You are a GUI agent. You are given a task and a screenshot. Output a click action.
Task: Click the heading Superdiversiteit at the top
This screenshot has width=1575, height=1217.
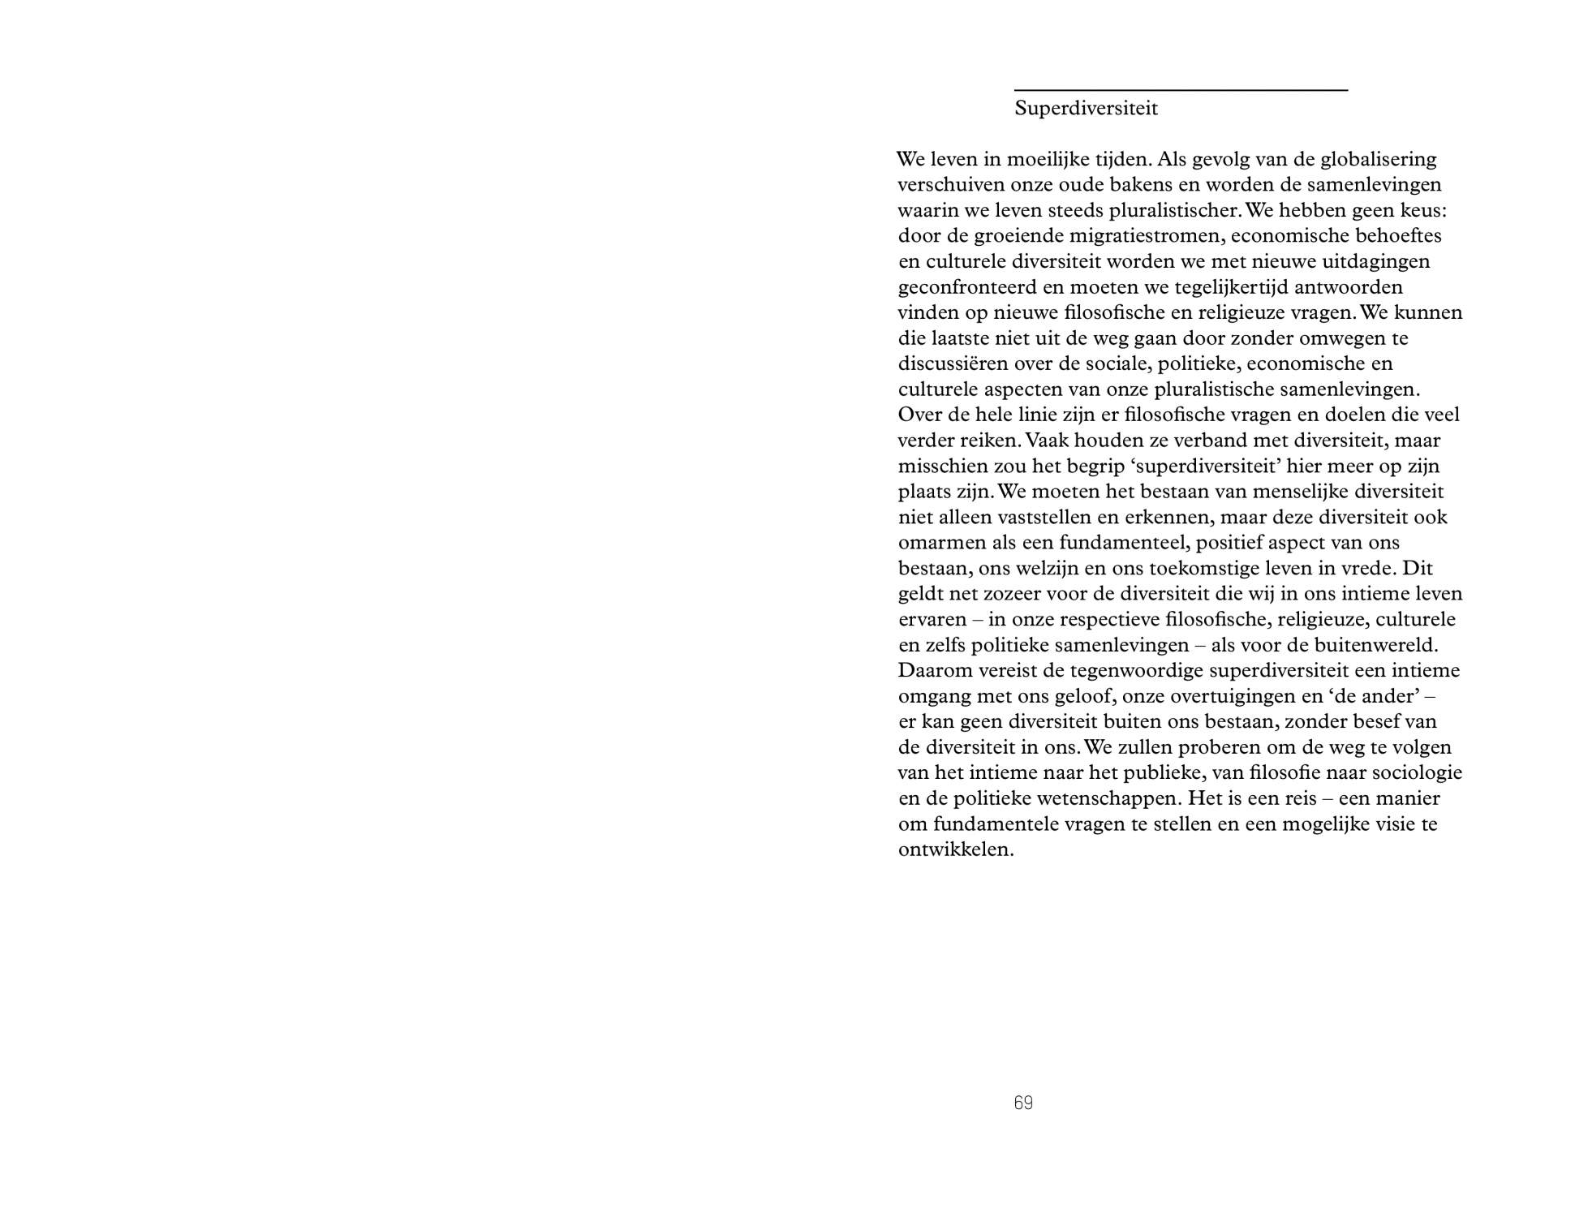tap(1086, 109)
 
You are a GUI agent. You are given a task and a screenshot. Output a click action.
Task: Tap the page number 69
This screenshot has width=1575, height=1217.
tap(1023, 1103)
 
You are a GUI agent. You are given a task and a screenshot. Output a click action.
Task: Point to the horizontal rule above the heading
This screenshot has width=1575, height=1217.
tap(1181, 90)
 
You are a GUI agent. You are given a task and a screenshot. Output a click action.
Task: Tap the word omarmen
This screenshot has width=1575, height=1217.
tap(938, 543)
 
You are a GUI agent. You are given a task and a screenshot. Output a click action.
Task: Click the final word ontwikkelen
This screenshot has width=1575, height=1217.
tap(956, 850)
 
